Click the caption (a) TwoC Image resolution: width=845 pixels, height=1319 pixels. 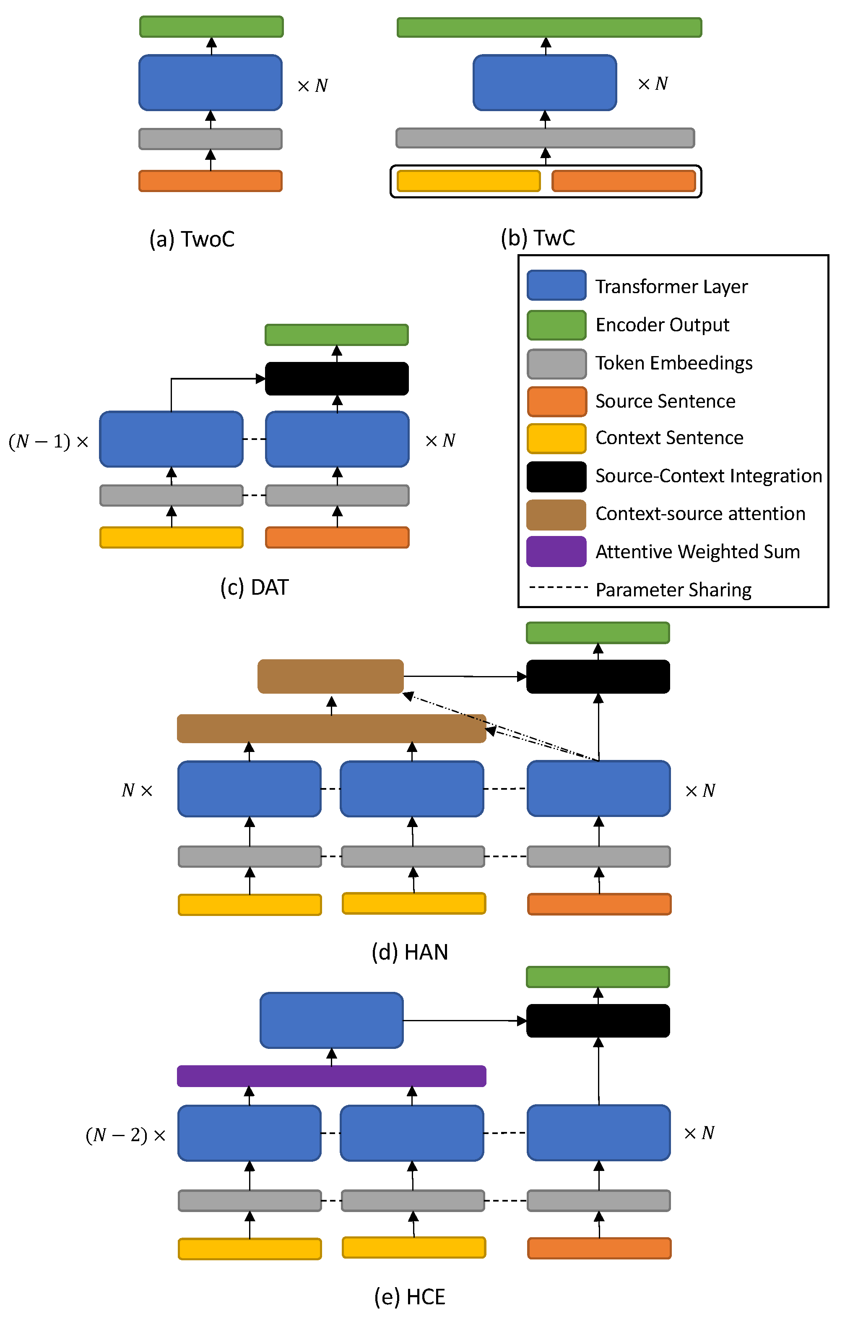(x=192, y=239)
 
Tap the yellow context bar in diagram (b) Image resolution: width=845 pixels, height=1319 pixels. (x=468, y=181)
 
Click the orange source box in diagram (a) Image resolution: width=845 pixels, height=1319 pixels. (x=210, y=181)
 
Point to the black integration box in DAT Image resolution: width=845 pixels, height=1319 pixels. (x=336, y=379)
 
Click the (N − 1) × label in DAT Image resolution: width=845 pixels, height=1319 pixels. (x=48, y=442)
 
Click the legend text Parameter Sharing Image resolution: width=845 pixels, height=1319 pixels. (x=673, y=590)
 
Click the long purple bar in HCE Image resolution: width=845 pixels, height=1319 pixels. (x=331, y=1076)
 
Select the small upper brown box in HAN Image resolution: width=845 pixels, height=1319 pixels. (x=330, y=676)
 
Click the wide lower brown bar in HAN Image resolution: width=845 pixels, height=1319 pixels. (x=331, y=728)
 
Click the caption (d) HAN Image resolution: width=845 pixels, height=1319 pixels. (x=409, y=952)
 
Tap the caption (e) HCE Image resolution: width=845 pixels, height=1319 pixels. (x=409, y=1296)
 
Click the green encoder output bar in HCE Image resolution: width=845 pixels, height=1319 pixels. (x=598, y=977)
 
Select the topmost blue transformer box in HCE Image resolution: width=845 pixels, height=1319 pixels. (x=331, y=1020)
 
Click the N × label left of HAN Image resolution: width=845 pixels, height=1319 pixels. (x=137, y=791)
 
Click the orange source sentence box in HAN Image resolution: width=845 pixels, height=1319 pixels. (x=599, y=904)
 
